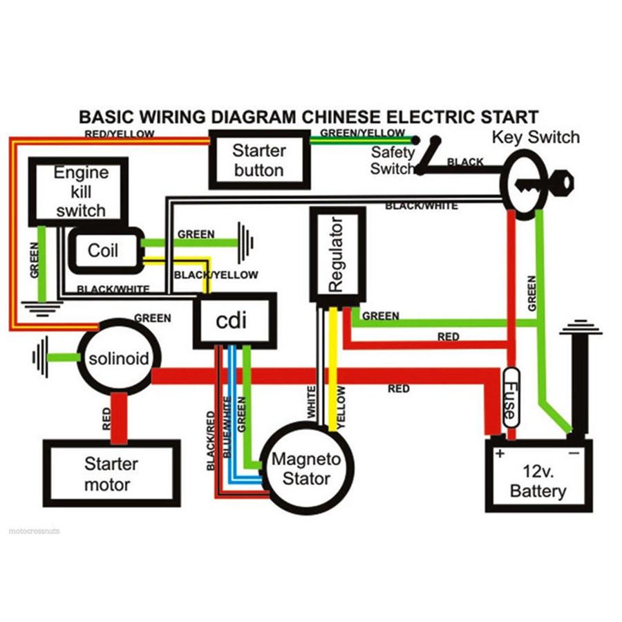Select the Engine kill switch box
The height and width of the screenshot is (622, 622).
tap(78, 191)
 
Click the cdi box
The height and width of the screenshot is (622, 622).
tap(234, 320)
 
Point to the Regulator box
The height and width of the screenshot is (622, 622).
tap(337, 255)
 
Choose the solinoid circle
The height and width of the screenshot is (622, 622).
tap(118, 358)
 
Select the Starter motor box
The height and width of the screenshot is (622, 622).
tap(111, 474)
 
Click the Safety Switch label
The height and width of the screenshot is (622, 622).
tap(392, 160)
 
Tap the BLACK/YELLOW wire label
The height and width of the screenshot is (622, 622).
tap(216, 275)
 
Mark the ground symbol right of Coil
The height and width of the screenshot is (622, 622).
tap(245, 243)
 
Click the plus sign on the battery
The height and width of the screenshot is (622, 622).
tap(498, 455)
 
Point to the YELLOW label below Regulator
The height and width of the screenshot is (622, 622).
tap(341, 406)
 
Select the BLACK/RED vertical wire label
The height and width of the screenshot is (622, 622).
tap(211, 440)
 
